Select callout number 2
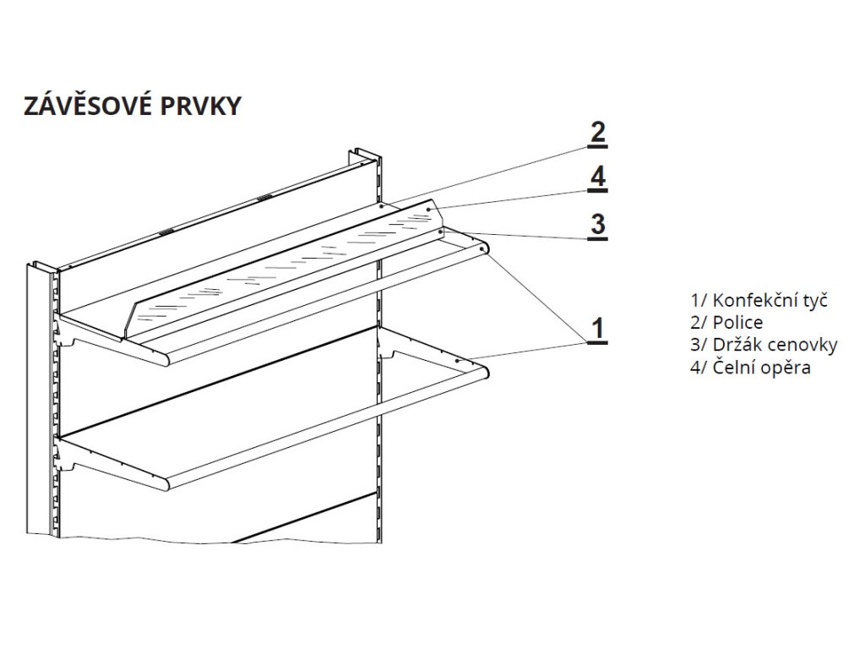597,134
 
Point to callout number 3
597,226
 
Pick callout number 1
597,329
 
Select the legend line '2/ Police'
726,322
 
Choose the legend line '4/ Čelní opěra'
750,367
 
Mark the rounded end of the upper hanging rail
483,248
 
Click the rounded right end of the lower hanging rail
487,369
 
